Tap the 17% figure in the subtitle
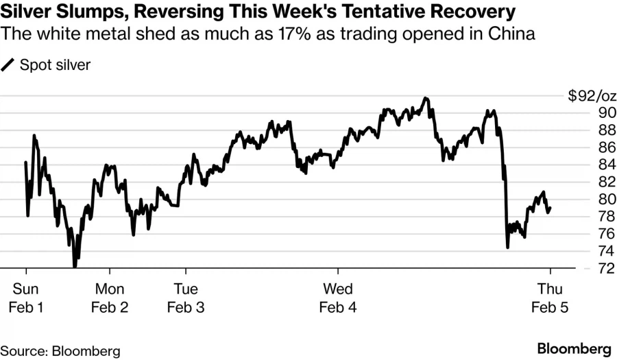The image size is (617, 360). (x=291, y=33)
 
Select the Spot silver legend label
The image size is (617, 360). (x=56, y=65)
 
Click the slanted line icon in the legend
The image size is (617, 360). (x=9, y=65)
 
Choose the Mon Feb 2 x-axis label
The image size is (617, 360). (x=110, y=298)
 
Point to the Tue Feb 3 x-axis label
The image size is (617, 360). (x=186, y=298)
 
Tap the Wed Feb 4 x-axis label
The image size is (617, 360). (x=338, y=298)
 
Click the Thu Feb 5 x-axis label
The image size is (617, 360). (x=551, y=298)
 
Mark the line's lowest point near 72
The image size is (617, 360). (x=74, y=266)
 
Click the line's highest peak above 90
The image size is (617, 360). (x=426, y=98)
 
